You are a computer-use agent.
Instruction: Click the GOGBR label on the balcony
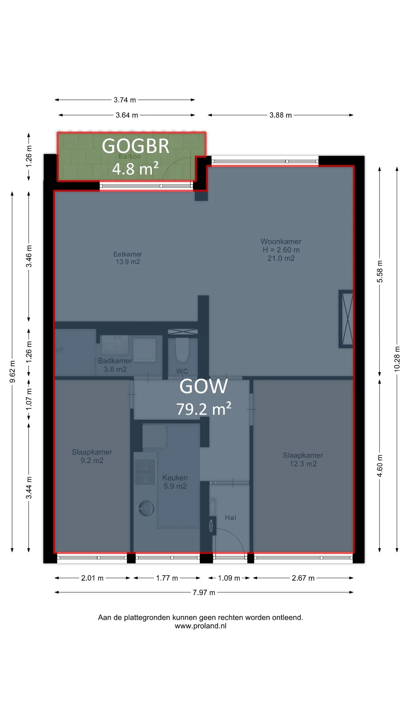pyautogui.click(x=135, y=146)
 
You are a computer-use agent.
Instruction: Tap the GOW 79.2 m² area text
pyautogui.click(x=204, y=397)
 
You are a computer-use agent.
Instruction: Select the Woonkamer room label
pyautogui.click(x=281, y=241)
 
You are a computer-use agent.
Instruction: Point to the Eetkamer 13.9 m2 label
pyautogui.click(x=128, y=258)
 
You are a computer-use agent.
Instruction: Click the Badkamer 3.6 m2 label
pyautogui.click(x=115, y=365)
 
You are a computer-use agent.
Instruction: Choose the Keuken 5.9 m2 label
pyautogui.click(x=175, y=482)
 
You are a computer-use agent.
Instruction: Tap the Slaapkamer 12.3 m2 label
pyautogui.click(x=303, y=459)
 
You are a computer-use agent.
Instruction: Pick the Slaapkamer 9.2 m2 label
pyautogui.click(x=92, y=456)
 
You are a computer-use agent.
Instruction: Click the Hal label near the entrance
pyautogui.click(x=230, y=517)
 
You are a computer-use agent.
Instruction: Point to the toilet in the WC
pyautogui.click(x=182, y=350)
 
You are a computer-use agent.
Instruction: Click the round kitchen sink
pyautogui.click(x=146, y=508)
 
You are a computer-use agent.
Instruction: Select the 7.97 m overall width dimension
pyautogui.click(x=204, y=592)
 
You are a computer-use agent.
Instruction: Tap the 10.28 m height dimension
pyautogui.click(x=397, y=359)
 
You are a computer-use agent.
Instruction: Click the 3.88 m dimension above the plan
pyautogui.click(x=281, y=115)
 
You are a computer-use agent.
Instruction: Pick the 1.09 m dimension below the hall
pyautogui.click(x=229, y=578)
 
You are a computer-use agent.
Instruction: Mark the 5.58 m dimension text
pyautogui.click(x=380, y=271)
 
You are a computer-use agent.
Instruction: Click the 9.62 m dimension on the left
pyautogui.click(x=12, y=372)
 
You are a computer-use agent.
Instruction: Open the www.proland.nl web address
pyautogui.click(x=201, y=626)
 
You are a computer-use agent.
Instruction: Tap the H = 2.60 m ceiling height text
pyautogui.click(x=281, y=250)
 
